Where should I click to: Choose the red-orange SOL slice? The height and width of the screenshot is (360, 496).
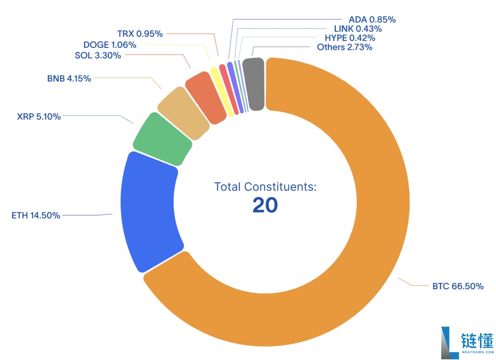(206, 97)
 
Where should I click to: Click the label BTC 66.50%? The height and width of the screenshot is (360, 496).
(458, 286)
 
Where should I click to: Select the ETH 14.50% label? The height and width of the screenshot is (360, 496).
(36, 215)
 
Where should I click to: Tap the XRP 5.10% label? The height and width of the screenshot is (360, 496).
(39, 116)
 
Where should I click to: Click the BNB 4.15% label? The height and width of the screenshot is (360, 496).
(69, 78)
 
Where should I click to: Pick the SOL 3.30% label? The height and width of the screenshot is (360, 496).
(98, 55)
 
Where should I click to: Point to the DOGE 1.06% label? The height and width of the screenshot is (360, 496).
(109, 45)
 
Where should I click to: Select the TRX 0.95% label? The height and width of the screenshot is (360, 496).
(140, 34)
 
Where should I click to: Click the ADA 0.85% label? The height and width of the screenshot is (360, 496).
(372, 20)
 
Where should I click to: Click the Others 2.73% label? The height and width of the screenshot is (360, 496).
(344, 47)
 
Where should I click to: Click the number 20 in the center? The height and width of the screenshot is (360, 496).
(265, 205)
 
